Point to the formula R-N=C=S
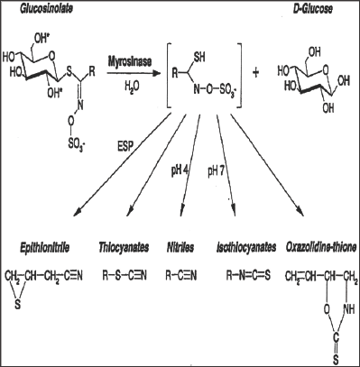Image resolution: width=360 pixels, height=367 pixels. [242, 268]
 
